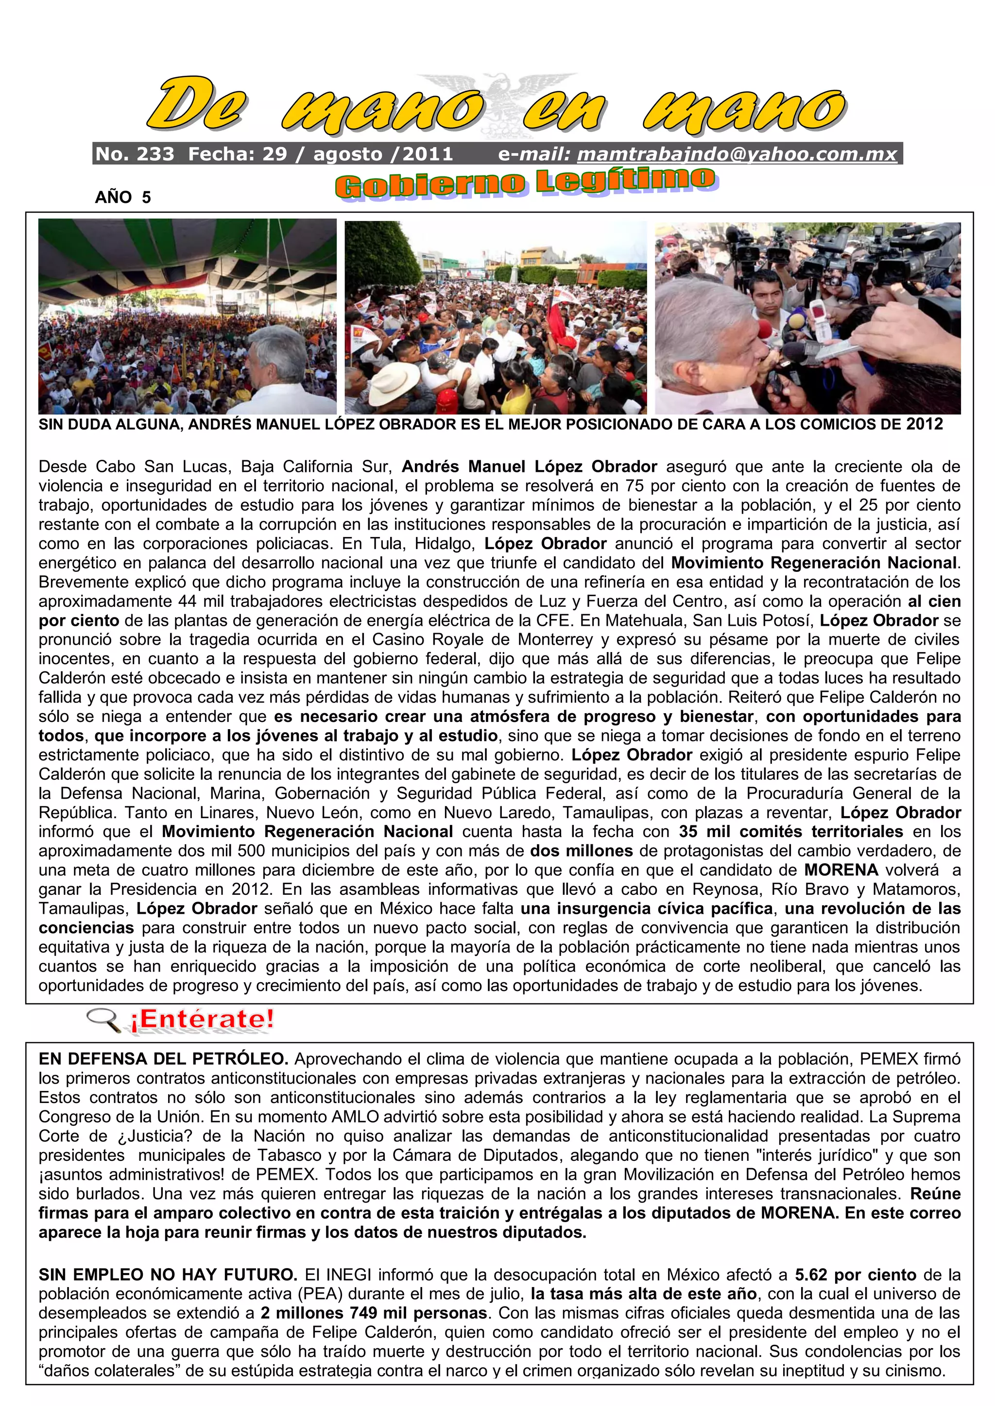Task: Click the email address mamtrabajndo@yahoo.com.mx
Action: coord(737,154)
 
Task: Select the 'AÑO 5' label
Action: coord(122,197)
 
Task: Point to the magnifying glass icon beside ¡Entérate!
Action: coord(103,1020)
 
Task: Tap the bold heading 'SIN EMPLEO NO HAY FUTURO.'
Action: coord(167,1275)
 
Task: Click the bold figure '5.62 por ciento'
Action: coord(855,1275)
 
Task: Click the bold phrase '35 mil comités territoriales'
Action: coord(790,832)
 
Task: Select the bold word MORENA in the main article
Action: coord(841,870)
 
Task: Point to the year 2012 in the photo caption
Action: coord(925,424)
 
